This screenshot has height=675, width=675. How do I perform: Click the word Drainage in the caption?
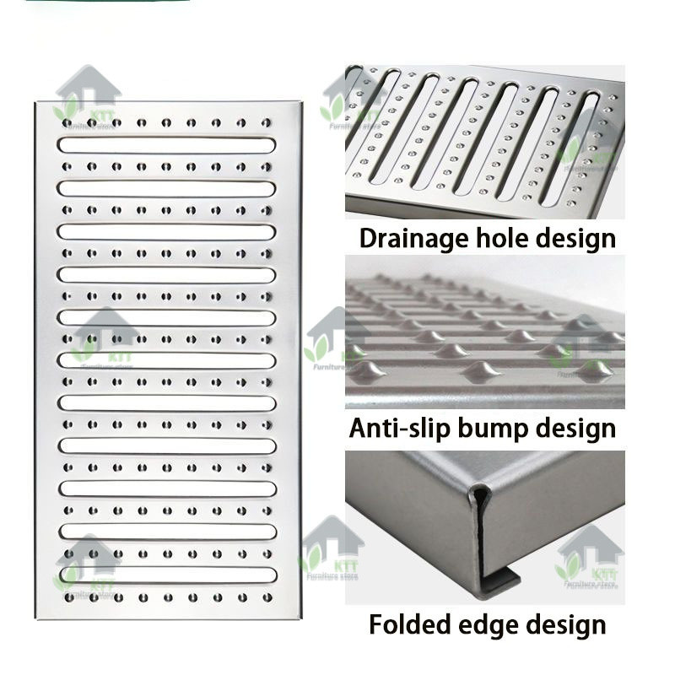coord(411,237)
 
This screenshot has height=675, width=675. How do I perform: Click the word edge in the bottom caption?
coord(498,625)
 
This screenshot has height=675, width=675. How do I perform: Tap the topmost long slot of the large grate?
coord(166,145)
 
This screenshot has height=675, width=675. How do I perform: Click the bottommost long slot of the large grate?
coord(166,575)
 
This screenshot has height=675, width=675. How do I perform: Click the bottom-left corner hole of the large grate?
coord(67,597)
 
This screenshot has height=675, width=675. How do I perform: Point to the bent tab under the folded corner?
coord(502,580)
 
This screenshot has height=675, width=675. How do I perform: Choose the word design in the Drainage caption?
coord(576,237)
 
